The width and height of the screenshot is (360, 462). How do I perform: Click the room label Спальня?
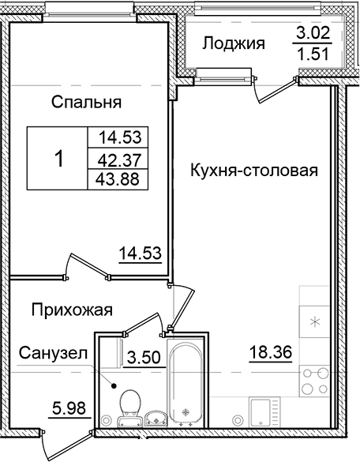[x=86, y=102]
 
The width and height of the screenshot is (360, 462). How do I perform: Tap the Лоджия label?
[x=233, y=43]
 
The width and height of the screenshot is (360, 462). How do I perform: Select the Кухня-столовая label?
[x=253, y=170]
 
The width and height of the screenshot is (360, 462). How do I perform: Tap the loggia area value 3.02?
[x=311, y=34]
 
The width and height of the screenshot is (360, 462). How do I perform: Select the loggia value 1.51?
[x=311, y=55]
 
